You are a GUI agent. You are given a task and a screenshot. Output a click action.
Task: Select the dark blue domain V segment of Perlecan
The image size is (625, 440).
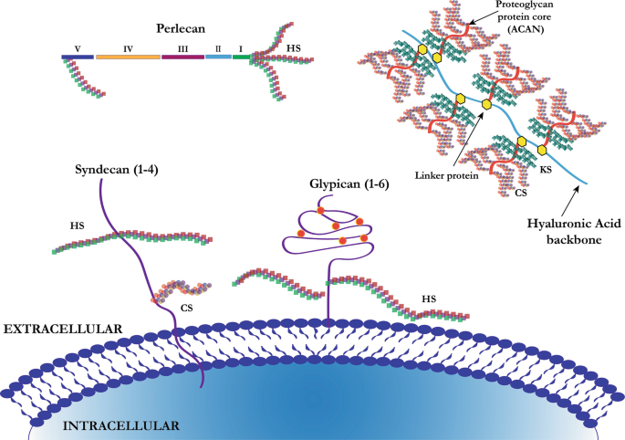click(78, 57)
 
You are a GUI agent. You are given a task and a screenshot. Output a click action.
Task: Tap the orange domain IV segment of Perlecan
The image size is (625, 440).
click(128, 57)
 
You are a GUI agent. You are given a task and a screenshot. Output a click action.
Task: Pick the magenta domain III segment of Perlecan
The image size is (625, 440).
click(182, 57)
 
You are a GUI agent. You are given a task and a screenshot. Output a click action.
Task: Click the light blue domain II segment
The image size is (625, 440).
click(218, 57)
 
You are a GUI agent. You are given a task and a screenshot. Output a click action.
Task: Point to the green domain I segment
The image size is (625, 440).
click(241, 57)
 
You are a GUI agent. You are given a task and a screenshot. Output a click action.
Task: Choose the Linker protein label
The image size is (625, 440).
click(446, 174)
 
